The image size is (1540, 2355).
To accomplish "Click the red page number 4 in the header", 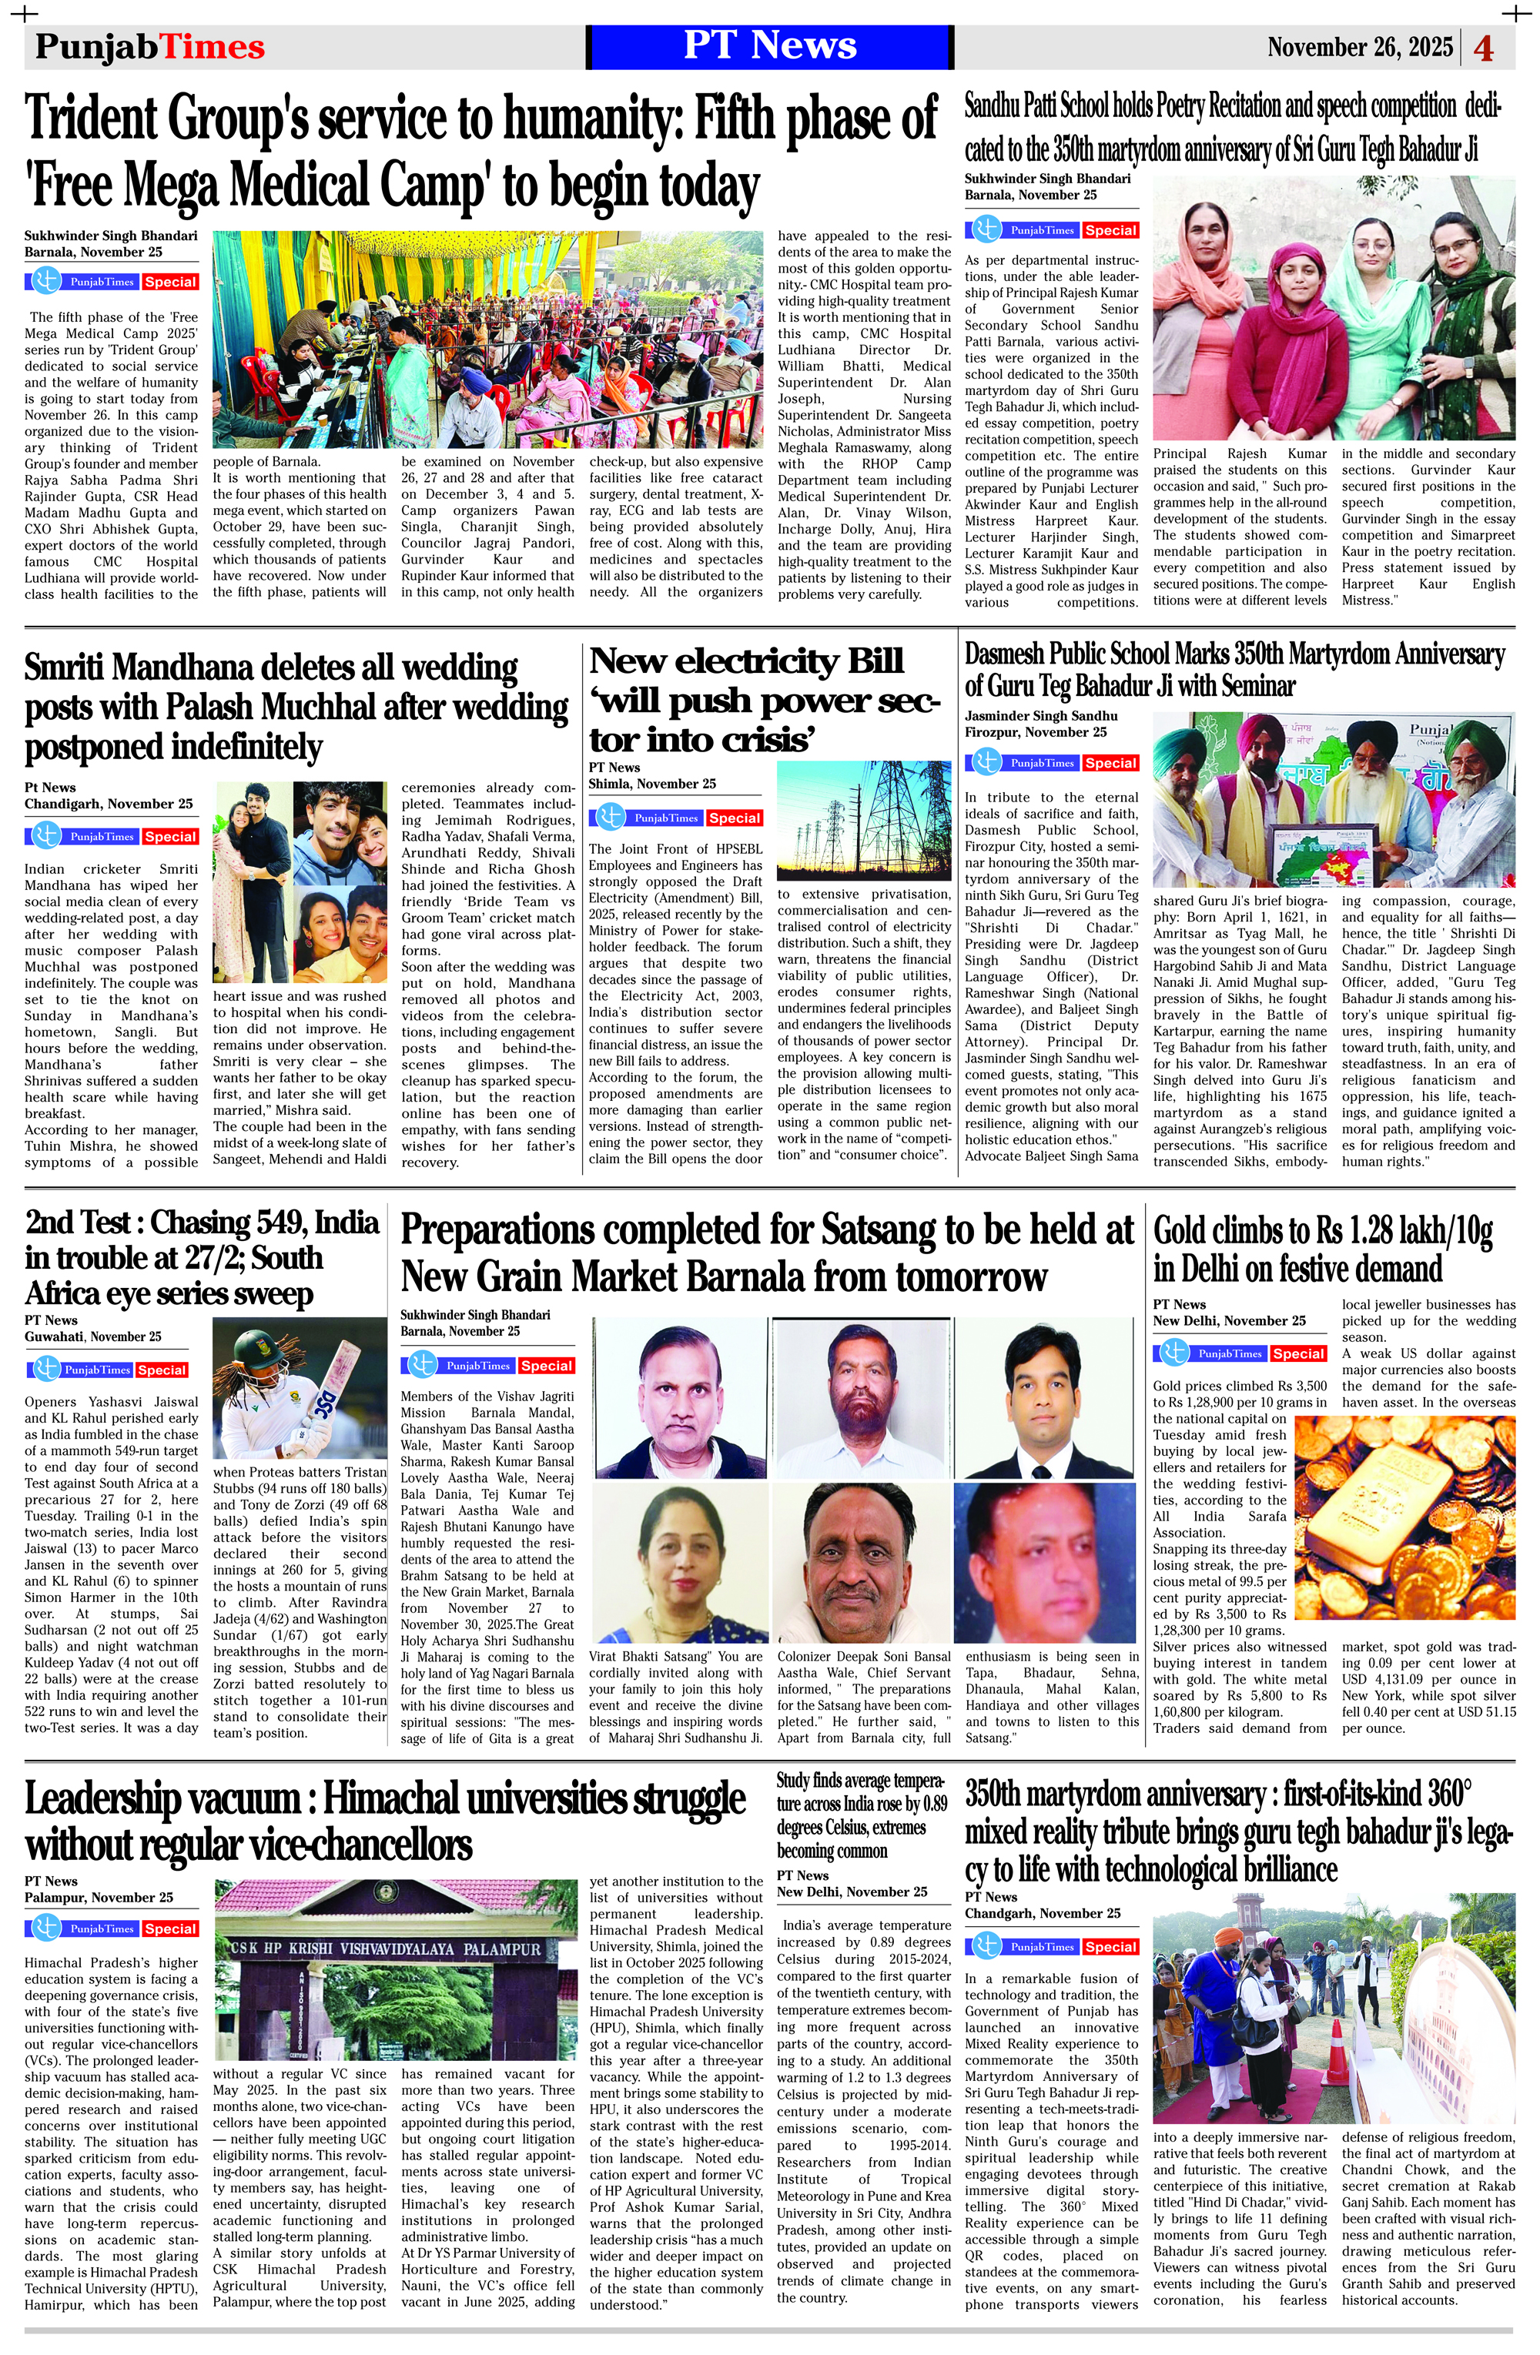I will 1484,49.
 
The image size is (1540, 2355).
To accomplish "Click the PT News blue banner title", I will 769,45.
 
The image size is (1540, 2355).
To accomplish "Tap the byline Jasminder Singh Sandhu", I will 1040,715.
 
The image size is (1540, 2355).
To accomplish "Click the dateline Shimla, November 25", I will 651,784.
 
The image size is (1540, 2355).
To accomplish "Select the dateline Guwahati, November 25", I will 93,1336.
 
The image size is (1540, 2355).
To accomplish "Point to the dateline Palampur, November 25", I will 99,1897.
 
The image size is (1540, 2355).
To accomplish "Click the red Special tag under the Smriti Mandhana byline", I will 170,836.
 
